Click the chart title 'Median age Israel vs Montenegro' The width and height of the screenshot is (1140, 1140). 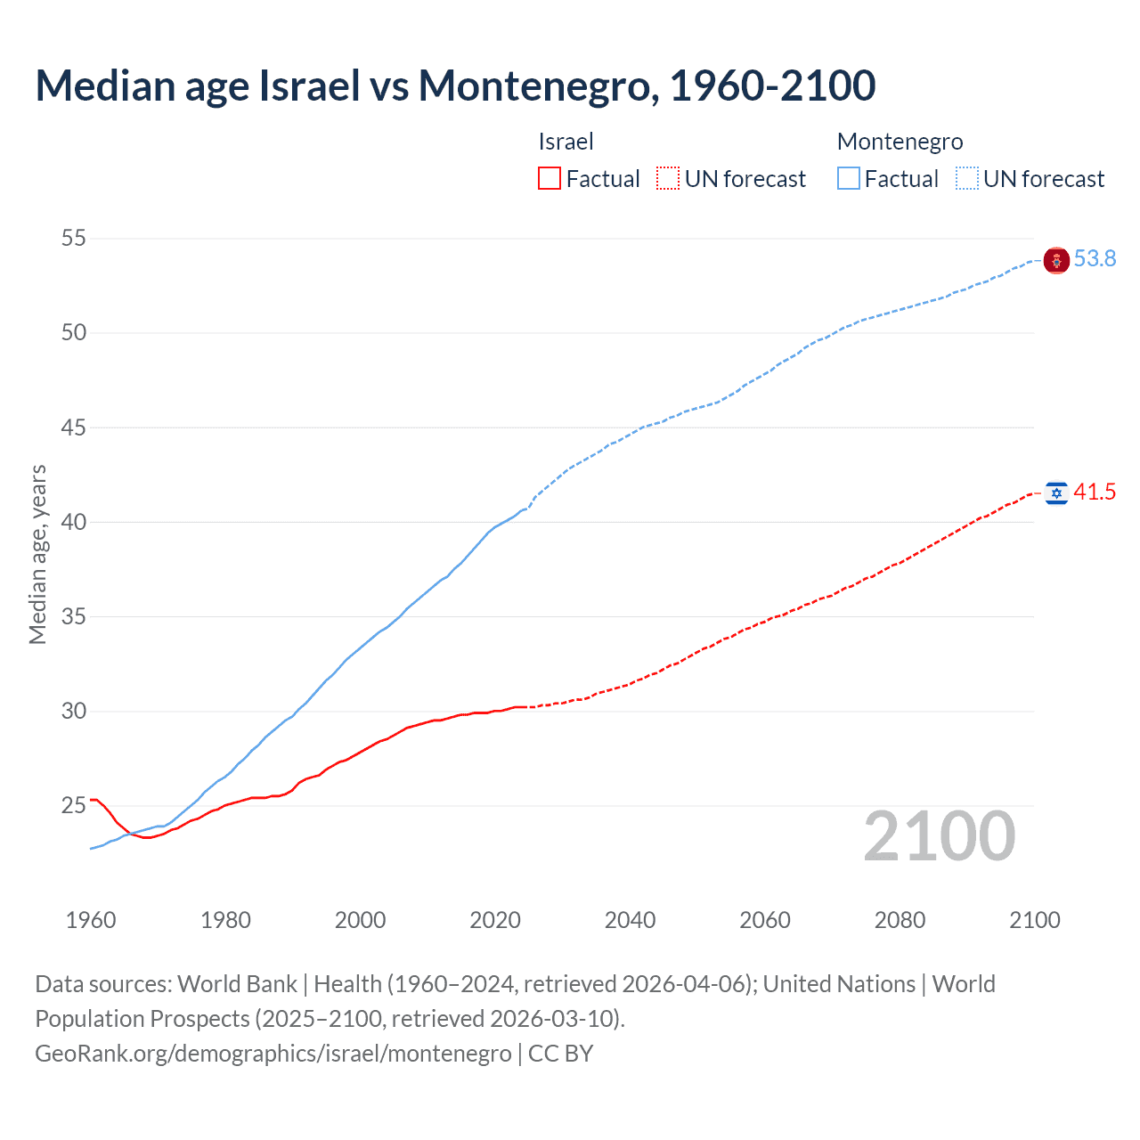pos(455,85)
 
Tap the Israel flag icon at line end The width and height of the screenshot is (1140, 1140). pos(1056,493)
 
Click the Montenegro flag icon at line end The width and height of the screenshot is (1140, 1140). pos(1056,260)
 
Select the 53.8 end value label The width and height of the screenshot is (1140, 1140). pos(1095,259)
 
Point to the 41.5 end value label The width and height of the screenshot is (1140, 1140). pos(1095,493)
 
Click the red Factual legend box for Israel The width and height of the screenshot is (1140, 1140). pos(550,179)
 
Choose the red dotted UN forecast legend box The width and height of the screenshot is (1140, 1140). pos(668,179)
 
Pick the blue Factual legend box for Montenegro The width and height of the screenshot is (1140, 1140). pos(848,179)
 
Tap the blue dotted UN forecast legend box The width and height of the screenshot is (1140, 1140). pos(966,179)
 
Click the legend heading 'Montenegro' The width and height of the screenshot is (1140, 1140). pos(900,142)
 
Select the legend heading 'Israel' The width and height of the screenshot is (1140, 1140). pos(566,142)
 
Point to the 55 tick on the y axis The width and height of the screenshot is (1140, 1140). pos(74,239)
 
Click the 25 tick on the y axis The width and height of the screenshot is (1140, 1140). pos(74,806)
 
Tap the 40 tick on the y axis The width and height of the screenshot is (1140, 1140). pos(74,522)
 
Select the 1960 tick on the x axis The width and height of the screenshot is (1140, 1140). pos(91,920)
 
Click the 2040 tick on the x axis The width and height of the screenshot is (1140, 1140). pos(630,920)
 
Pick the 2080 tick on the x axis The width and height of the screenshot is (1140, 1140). pos(900,920)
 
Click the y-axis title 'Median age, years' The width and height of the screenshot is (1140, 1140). pos(37,554)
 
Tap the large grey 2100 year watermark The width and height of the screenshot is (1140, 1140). pos(939,836)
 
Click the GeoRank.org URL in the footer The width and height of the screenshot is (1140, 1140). pos(273,1054)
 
